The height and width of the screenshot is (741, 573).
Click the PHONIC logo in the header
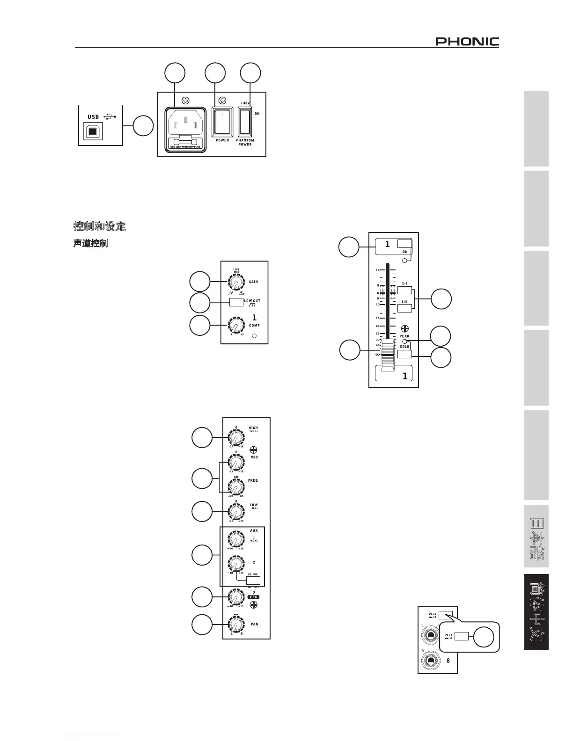467,42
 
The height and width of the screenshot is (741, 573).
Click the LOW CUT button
236,302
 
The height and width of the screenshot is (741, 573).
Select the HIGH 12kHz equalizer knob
236,438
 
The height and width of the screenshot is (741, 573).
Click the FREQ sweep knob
236,487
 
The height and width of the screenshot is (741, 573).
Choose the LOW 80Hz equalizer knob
236,512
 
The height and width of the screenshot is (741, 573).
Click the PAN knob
236,625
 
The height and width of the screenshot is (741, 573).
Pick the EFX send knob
236,597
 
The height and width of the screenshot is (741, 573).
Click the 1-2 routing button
404,290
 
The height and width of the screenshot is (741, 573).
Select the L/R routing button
404,308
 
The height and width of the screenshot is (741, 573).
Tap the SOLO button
404,354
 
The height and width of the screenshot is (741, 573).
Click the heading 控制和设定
100,226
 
